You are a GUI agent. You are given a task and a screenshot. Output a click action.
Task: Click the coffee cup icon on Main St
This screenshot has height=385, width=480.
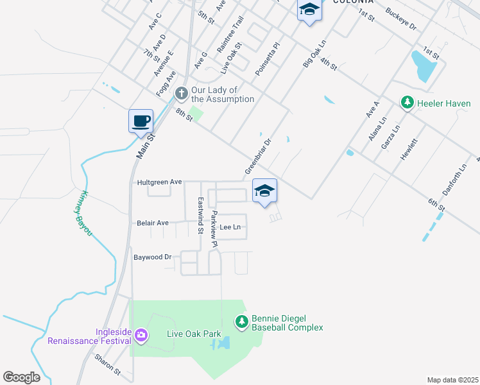pos(141,120)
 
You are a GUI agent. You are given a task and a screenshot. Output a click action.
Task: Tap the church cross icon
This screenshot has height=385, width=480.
pos(182,94)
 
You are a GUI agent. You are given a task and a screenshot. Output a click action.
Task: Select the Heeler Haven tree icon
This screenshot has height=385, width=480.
pos(406,103)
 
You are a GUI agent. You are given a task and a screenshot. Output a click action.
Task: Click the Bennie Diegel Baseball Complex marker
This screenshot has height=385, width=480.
pos(241,321)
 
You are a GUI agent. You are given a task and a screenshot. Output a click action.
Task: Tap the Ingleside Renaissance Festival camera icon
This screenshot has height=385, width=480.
pos(141,334)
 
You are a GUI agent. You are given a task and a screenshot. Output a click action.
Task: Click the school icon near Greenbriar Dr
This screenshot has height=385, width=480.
pos(264,191)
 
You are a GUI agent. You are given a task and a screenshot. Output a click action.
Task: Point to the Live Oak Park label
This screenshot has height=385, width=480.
pos(194,334)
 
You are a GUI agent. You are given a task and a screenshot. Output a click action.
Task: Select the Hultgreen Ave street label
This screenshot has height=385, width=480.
pos(160,182)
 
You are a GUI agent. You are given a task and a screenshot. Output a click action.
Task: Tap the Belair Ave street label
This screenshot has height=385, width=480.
pos(153,223)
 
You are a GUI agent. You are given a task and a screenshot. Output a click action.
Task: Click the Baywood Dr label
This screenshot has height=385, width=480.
pos(153,257)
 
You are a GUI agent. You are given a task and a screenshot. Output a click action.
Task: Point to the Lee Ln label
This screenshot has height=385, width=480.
pos(230,227)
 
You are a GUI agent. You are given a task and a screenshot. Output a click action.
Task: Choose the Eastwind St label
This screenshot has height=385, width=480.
pos(200,215)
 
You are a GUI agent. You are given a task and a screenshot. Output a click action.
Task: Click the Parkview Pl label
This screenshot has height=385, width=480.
pos(215,229)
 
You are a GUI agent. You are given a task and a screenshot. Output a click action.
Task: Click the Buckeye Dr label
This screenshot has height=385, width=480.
pos(401,20)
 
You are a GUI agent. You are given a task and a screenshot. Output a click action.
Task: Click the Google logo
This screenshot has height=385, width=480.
pos(22,377)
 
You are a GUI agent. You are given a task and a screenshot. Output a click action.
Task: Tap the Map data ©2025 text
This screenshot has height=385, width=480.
pos(452,380)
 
